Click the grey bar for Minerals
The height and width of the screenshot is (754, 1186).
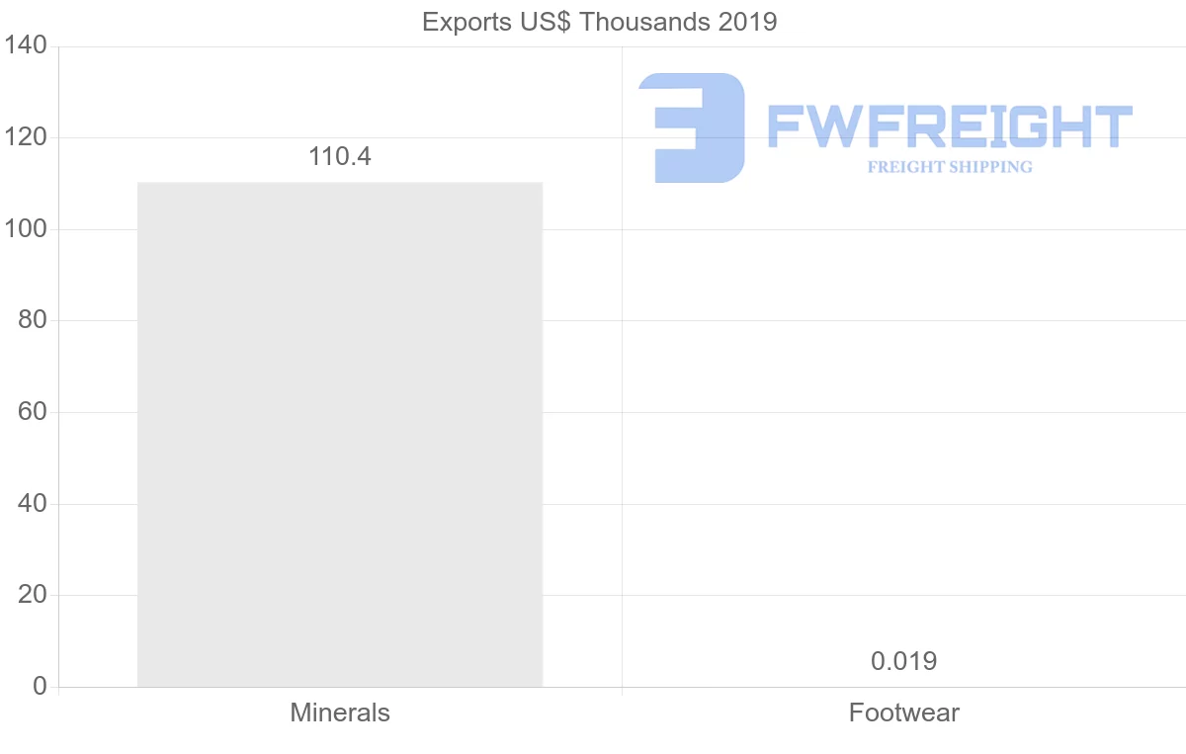tap(340, 434)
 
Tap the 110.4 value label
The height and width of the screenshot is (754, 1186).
tap(340, 156)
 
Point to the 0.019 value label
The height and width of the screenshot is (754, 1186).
tap(903, 661)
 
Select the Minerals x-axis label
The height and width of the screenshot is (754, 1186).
tap(340, 712)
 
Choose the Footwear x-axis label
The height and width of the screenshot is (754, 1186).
tap(903, 712)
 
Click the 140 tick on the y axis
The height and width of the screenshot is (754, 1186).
tap(26, 46)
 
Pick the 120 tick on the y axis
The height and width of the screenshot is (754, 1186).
tap(26, 137)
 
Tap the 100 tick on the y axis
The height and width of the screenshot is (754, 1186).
tap(26, 229)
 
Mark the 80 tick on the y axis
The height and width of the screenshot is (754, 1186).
tap(33, 320)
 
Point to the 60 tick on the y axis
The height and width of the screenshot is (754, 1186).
tap(33, 412)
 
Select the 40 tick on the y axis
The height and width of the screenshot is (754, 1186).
tap(33, 504)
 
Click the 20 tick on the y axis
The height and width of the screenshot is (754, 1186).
tap(33, 595)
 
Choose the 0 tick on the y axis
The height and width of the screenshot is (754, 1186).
tap(40, 686)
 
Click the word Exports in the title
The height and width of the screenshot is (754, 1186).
tap(460, 22)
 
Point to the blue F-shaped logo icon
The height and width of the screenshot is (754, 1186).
tap(692, 127)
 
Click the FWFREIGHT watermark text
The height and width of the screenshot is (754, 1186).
tap(949, 127)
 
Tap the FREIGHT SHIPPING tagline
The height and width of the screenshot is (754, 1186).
tap(949, 167)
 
